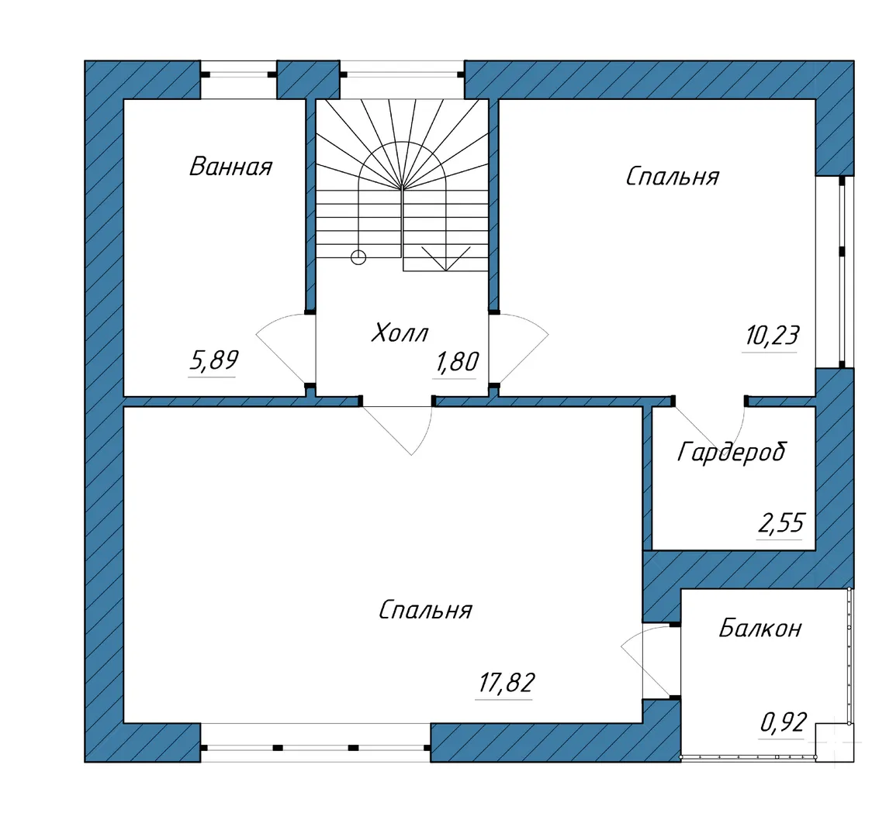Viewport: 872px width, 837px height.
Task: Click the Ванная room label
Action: [230, 167]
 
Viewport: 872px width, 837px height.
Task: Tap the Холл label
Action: [400, 332]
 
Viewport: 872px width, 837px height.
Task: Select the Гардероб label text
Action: [732, 453]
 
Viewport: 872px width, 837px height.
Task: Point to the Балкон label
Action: [760, 629]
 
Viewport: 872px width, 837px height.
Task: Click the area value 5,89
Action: [214, 360]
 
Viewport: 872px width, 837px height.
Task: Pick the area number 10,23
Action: [772, 336]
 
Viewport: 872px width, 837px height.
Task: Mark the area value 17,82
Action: [506, 683]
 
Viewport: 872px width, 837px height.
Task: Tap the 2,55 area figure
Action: [781, 523]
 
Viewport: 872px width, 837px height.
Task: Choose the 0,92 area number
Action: [783, 722]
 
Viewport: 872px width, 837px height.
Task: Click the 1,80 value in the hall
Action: [457, 363]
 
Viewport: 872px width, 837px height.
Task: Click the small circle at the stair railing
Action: [358, 257]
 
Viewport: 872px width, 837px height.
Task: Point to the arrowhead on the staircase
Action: [445, 259]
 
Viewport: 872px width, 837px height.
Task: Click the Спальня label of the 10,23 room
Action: [673, 177]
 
